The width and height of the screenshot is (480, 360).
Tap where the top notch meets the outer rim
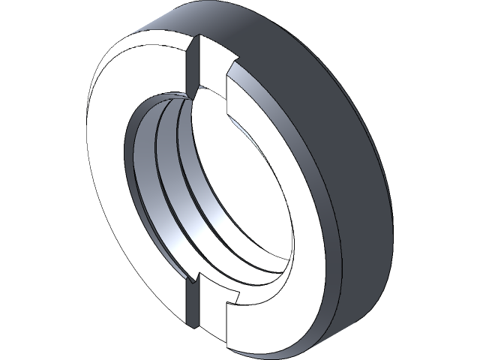[x=196, y=37]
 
